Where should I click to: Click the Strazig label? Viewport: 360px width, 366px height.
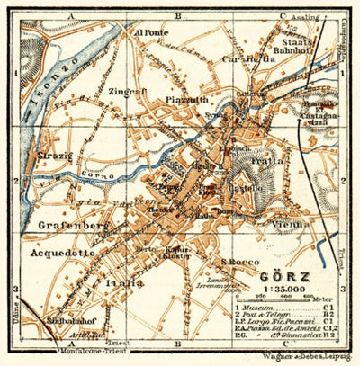[x=58, y=165]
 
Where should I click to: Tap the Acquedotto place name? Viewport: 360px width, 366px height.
[x=62, y=254]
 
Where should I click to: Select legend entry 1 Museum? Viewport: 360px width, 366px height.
[x=262, y=308]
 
